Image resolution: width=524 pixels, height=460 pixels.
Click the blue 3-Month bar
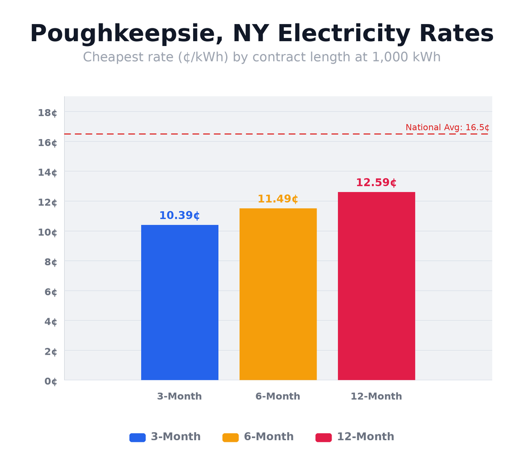[x=180, y=302]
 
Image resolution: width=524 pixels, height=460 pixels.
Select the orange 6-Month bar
[x=278, y=294]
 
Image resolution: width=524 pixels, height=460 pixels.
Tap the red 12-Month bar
[x=376, y=286]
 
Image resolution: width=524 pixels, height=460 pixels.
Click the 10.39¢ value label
[x=180, y=216]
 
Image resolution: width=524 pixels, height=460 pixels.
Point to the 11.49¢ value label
[x=278, y=199]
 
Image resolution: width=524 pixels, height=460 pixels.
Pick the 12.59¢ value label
[x=376, y=182]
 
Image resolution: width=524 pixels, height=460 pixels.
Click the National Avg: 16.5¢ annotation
[x=447, y=127]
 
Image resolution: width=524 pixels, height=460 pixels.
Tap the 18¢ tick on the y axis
[x=48, y=112]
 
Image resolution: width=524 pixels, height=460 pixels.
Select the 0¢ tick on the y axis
[x=50, y=381]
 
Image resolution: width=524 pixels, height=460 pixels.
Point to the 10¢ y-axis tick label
[x=48, y=232]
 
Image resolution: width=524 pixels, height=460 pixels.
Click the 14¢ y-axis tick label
[x=48, y=172]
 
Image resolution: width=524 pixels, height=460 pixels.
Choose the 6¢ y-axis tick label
[x=50, y=292]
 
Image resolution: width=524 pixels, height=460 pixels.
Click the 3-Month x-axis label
[x=180, y=396]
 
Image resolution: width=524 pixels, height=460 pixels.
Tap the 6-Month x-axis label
[x=278, y=396]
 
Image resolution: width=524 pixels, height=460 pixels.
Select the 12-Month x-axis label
[x=376, y=396]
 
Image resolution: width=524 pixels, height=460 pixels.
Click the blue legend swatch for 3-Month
[x=137, y=437]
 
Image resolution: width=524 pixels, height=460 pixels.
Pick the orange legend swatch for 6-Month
[x=230, y=437]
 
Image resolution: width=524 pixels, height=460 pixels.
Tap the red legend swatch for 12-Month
[x=323, y=437]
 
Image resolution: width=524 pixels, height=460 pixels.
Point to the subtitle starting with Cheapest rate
[x=262, y=57]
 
